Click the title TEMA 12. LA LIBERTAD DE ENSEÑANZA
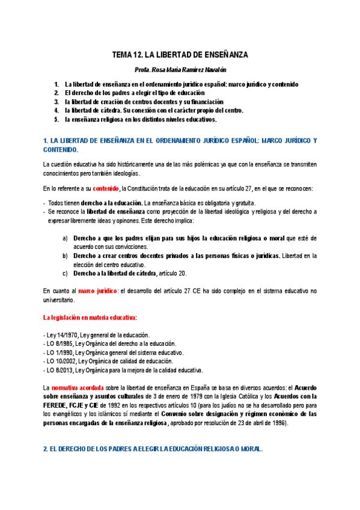click(180, 55)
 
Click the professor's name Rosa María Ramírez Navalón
click(180, 70)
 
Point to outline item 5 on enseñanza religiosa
click(141, 119)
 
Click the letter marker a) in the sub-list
click(65, 238)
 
